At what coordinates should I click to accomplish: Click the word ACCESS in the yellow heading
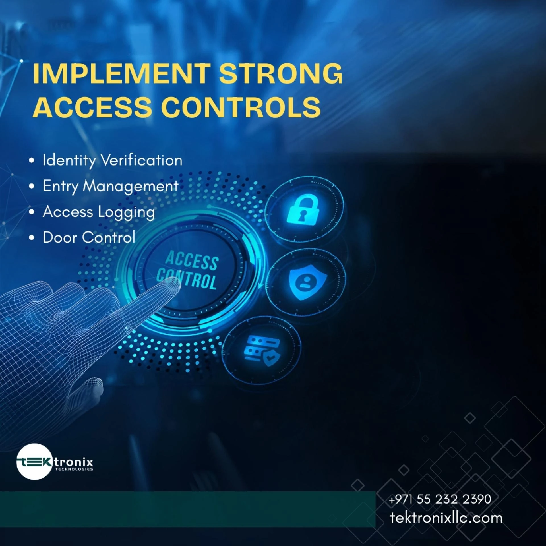click(x=92, y=107)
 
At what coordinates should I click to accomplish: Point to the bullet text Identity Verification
click(x=112, y=160)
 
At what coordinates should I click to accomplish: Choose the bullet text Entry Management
click(x=111, y=187)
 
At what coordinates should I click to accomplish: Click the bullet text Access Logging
click(x=99, y=212)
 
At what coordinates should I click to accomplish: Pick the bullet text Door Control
click(x=89, y=237)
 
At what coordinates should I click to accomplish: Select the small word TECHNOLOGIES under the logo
click(x=74, y=469)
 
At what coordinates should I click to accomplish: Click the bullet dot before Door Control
click(x=32, y=238)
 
